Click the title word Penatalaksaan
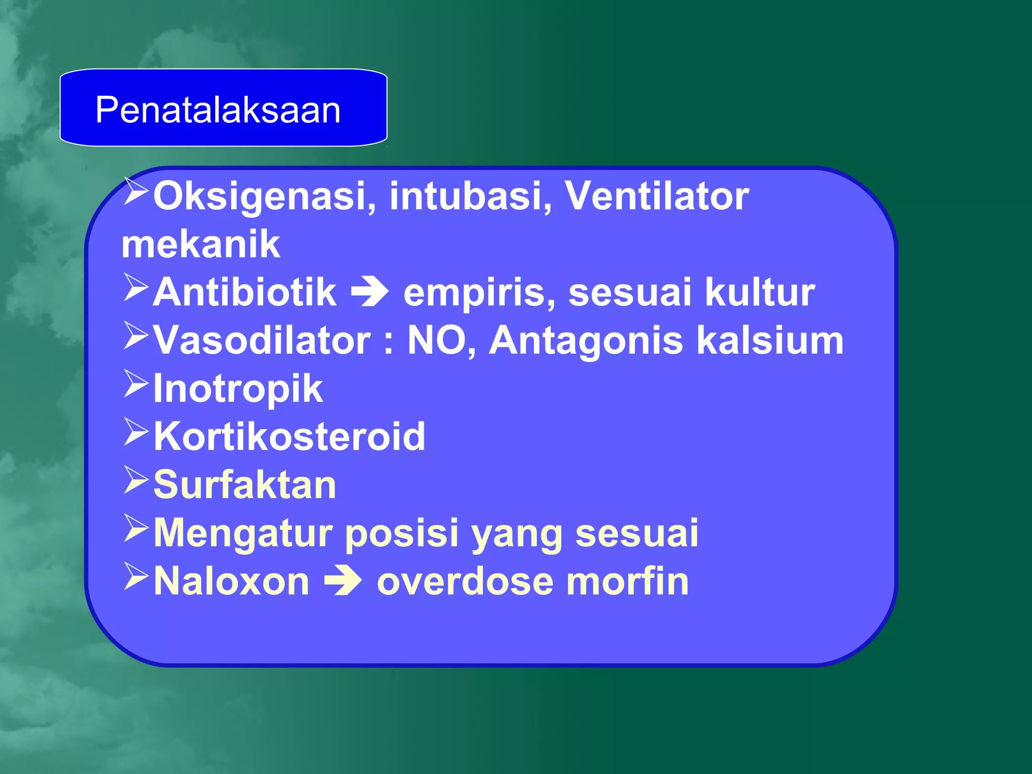click(x=218, y=110)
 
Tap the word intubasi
click(x=470, y=197)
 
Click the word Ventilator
click(x=656, y=197)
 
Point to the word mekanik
click(x=201, y=244)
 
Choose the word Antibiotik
click(x=244, y=292)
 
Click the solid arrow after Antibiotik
click(x=369, y=292)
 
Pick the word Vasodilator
click(x=262, y=341)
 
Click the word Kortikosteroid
click(x=289, y=436)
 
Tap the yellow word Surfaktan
click(x=244, y=485)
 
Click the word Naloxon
click(x=231, y=582)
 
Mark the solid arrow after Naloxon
click(x=343, y=582)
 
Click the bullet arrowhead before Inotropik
click(x=136, y=385)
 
